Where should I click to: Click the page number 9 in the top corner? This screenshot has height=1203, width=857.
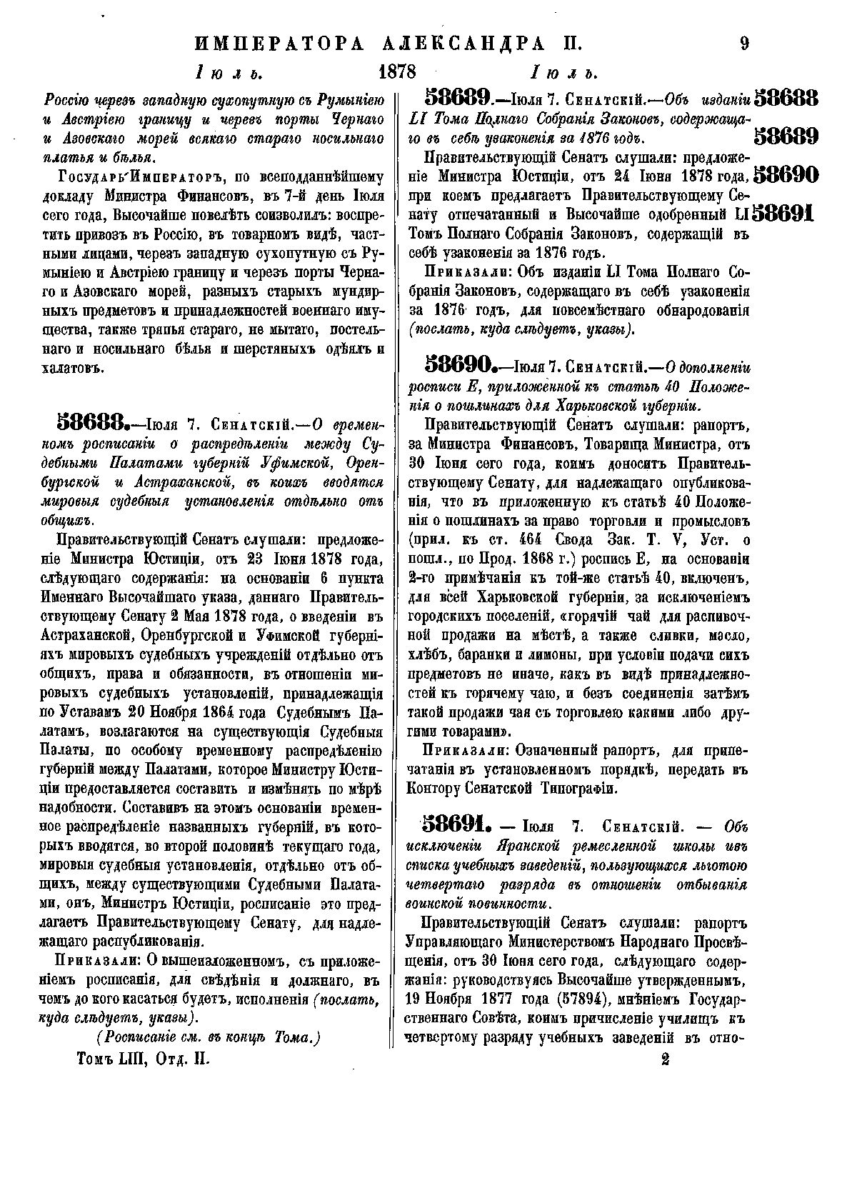click(x=744, y=44)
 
